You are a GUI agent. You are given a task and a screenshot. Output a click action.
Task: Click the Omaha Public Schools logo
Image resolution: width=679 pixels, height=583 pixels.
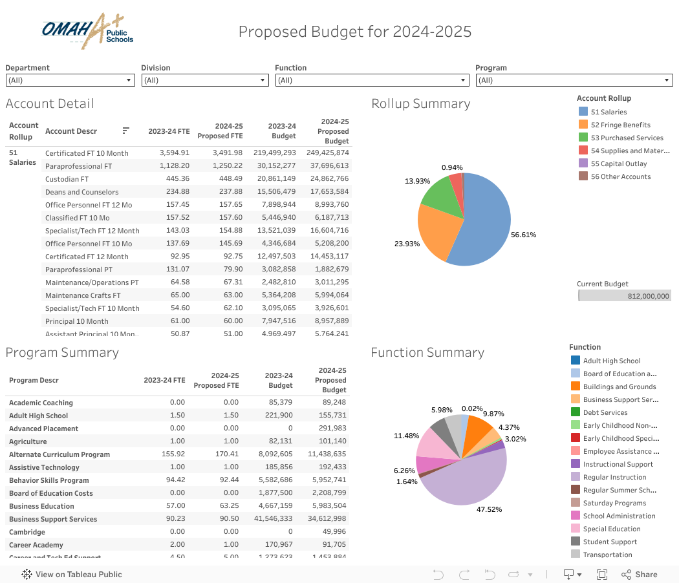(87, 31)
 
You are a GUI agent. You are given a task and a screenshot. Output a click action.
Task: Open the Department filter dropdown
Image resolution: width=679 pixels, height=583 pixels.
(70, 80)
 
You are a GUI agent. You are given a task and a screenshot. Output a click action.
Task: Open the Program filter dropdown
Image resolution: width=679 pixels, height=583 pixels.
(574, 80)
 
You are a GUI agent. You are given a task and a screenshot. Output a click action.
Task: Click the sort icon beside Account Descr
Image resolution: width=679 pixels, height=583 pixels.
(125, 131)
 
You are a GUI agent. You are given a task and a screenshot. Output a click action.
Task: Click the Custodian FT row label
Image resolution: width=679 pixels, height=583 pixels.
(67, 179)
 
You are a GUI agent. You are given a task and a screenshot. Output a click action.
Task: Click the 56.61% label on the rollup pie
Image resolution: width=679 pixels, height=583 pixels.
(523, 235)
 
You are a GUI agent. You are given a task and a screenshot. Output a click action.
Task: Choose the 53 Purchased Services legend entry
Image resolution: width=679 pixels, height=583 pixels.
(627, 138)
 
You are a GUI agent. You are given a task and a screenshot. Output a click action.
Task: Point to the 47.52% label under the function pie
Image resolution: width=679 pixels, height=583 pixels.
(489, 509)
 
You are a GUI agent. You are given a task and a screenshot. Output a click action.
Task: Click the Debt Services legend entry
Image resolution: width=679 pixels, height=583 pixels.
(605, 412)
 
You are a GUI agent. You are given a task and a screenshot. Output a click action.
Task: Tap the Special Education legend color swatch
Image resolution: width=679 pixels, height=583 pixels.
(576, 529)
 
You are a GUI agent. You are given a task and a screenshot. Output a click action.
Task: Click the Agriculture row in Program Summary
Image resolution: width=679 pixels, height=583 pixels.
(28, 441)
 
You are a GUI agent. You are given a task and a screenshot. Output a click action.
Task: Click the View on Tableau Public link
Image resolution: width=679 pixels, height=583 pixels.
(78, 574)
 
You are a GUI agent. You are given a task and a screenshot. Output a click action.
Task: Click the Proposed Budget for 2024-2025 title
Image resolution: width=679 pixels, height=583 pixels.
(355, 31)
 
